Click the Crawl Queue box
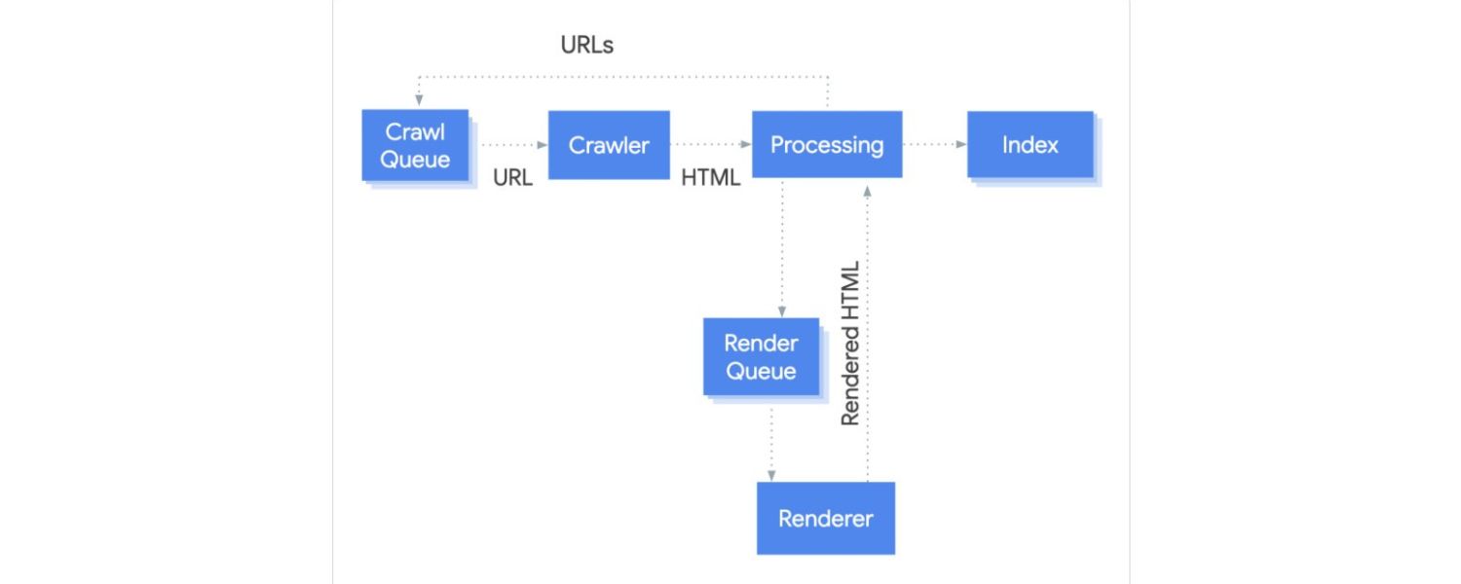(415, 145)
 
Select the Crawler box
(609, 145)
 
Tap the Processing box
(827, 145)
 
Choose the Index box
(1030, 145)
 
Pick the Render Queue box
(761, 356)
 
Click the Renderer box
(825, 518)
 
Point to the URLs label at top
(587, 45)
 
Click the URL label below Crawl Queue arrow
(512, 178)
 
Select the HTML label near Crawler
(710, 178)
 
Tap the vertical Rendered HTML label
(850, 343)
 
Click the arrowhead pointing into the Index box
(961, 145)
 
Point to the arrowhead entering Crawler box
(543, 145)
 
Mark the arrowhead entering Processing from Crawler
(746, 145)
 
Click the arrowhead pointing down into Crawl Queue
(419, 100)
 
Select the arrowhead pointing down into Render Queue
(782, 310)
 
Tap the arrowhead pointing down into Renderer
(771, 475)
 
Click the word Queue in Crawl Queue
(415, 160)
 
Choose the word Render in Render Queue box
(761, 343)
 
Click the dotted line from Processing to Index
(930, 145)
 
